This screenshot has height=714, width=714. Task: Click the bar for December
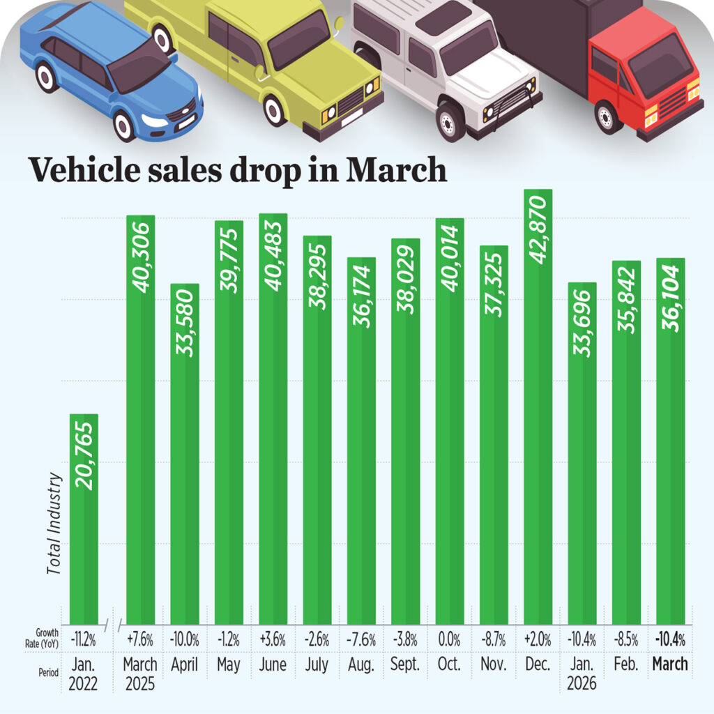[538, 418]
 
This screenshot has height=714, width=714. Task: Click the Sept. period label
[405, 664]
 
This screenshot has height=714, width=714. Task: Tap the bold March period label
[670, 664]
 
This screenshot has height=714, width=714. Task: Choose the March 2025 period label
[140, 673]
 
